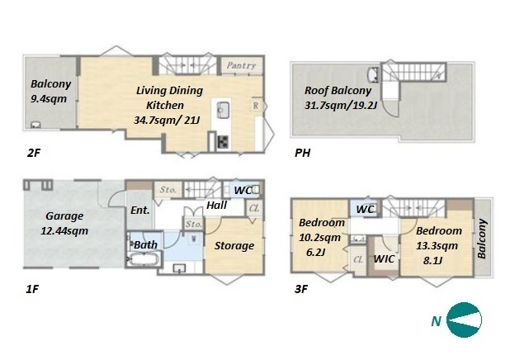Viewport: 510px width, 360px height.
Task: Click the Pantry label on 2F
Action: [x=241, y=65]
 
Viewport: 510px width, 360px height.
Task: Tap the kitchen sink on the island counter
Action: [x=224, y=108]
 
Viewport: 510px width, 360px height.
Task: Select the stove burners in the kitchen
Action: [x=223, y=142]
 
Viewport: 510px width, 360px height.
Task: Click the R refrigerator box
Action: [x=256, y=106]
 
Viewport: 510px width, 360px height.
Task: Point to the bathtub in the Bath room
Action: [x=144, y=260]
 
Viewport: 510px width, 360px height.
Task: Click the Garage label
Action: [x=64, y=216]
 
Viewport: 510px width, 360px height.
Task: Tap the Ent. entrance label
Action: [x=139, y=211]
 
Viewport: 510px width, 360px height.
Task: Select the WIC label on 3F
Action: [x=384, y=259]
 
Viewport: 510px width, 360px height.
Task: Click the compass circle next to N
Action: [x=464, y=320]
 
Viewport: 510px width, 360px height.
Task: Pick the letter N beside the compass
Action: [x=436, y=321]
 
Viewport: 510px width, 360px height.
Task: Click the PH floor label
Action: [x=303, y=153]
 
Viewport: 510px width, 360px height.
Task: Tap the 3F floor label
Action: [x=301, y=289]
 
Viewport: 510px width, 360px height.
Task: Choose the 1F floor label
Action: [x=32, y=289]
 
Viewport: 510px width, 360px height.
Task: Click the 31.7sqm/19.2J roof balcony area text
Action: [x=341, y=106]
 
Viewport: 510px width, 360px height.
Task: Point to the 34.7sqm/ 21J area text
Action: [x=167, y=121]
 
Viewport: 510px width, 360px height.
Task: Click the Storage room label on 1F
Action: [x=234, y=246]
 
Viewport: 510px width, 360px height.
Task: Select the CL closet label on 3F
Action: [x=358, y=259]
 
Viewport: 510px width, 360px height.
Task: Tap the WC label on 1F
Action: [x=243, y=191]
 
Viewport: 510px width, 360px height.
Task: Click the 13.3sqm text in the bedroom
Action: [x=437, y=246]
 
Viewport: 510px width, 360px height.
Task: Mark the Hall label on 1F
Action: [x=216, y=206]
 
